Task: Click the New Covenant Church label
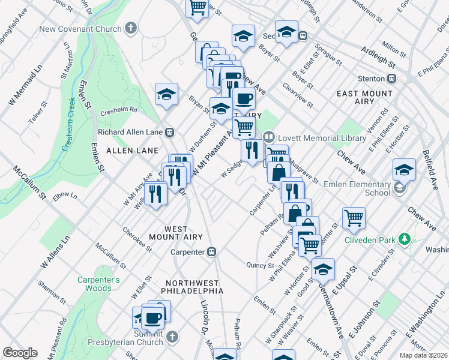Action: pyautogui.click(x=80, y=29)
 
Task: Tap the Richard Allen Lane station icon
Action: pyautogui.click(x=170, y=132)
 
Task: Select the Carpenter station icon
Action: pyautogui.click(x=211, y=252)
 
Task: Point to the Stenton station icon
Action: pyautogui.click(x=391, y=78)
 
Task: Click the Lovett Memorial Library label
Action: pyautogui.click(x=321, y=138)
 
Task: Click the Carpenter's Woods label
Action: pyautogui.click(x=98, y=284)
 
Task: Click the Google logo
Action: pyautogui.click(x=20, y=353)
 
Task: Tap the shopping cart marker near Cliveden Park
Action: pyautogui.click(x=354, y=218)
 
